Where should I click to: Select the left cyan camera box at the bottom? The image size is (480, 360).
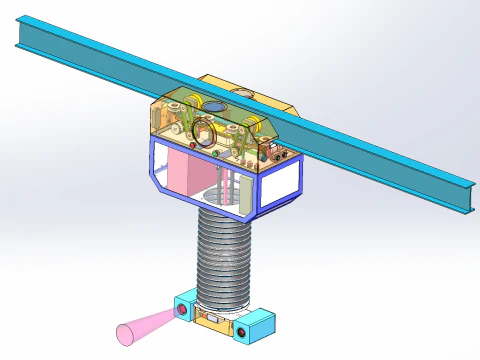185,307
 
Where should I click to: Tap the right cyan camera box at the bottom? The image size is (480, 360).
259,324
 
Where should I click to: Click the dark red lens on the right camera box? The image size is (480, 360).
239,329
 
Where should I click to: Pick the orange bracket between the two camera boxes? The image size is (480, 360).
212,318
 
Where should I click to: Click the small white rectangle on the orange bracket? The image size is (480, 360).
211,319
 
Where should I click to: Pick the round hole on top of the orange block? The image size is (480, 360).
240,89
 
